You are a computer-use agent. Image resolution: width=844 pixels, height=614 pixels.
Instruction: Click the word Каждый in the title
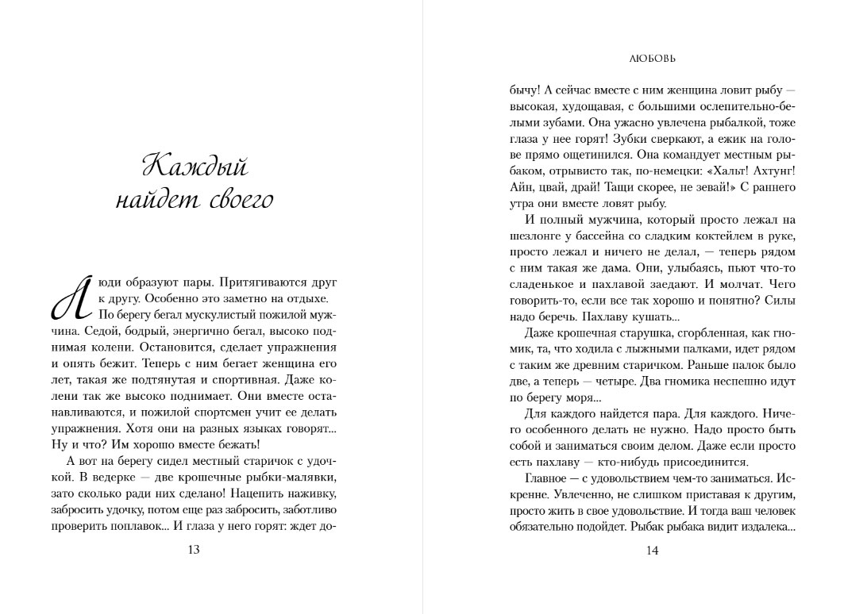195,167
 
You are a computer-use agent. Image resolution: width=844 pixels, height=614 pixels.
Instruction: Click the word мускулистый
216,315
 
